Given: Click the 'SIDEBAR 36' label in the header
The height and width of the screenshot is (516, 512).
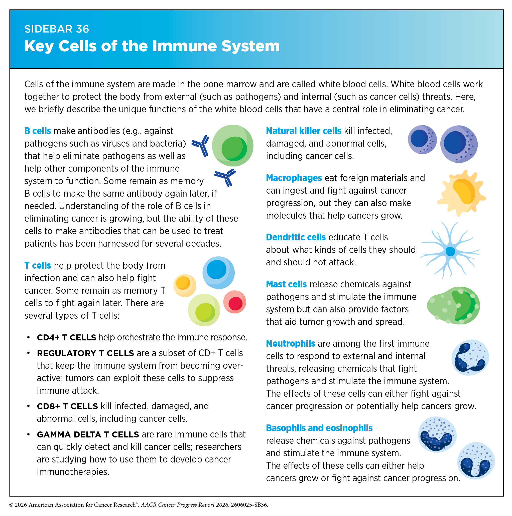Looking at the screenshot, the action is tap(57, 29).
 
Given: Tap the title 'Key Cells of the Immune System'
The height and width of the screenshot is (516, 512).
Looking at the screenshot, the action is tap(152, 46).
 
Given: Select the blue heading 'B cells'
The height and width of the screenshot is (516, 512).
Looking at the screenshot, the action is tap(38, 131).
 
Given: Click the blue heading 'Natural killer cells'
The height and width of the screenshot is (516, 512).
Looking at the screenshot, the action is tap(304, 131).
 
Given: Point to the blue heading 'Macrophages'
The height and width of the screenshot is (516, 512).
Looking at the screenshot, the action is tap(294, 178).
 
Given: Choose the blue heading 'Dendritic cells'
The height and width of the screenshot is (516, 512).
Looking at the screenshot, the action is tap(296, 237).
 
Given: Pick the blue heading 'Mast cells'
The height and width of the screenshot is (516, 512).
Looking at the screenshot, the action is tap(286, 284).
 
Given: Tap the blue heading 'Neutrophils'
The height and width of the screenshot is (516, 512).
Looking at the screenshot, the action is tap(291, 343).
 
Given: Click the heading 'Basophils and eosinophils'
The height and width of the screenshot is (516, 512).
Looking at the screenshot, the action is tap(319, 428).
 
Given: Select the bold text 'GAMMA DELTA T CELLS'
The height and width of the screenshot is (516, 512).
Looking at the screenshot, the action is tap(88, 434).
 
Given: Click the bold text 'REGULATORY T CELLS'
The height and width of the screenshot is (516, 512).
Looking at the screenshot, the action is tap(85, 353).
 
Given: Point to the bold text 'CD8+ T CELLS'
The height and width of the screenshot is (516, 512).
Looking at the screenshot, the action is tap(67, 406).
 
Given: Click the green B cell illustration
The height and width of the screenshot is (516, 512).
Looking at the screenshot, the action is tap(232, 146).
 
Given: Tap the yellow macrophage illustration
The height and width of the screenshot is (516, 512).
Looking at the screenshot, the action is tap(461, 193).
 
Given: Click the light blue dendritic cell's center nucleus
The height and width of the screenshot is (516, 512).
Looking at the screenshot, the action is tap(450, 251).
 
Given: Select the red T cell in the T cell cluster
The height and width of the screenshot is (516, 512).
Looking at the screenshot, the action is tap(235, 302).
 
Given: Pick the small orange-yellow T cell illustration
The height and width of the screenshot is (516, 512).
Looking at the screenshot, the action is tap(185, 285).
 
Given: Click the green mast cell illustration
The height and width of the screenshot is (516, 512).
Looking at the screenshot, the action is tap(453, 306).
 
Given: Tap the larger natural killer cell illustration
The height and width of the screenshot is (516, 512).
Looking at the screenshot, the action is tap(459, 144).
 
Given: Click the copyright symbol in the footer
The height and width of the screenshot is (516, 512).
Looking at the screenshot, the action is tap(12, 505).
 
